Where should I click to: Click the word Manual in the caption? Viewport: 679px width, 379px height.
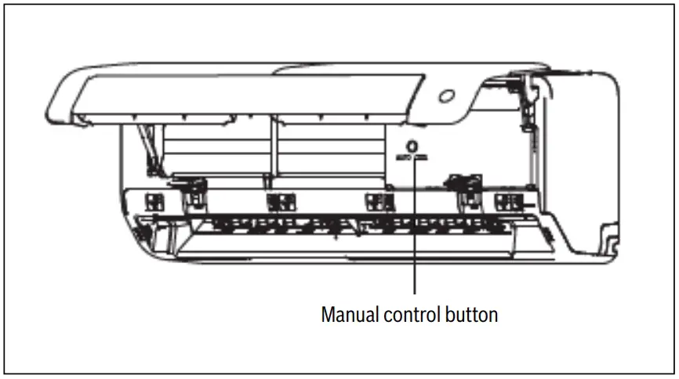(x=350, y=315)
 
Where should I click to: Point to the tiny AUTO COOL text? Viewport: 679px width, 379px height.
(x=413, y=157)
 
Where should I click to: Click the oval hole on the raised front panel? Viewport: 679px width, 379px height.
(x=448, y=96)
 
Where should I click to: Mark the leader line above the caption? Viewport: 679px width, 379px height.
(x=414, y=235)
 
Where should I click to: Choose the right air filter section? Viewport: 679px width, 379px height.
(x=329, y=149)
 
